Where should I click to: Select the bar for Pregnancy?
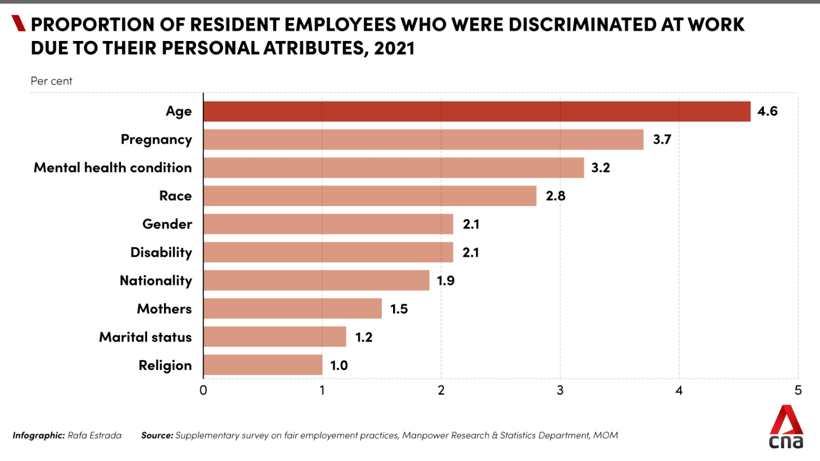tap(423, 140)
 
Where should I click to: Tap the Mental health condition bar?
tap(394, 168)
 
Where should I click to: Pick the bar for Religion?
tap(263, 365)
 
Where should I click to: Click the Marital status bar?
tap(275, 337)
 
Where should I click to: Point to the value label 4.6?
tap(767, 111)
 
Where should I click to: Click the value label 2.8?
tap(555, 196)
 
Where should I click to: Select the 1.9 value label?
tap(446, 281)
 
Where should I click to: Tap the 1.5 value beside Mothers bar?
tap(399, 309)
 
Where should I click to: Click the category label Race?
tap(175, 196)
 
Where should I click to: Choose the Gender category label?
tap(167, 224)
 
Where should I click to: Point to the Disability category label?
tap(161, 252)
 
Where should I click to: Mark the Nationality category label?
tap(156, 281)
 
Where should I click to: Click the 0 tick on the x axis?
tap(203, 391)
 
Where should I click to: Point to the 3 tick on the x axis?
tap(560, 391)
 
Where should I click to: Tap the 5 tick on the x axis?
tap(798, 391)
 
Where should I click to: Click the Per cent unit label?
tap(51, 81)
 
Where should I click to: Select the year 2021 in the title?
tap(394, 49)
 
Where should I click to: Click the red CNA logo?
tap(786, 427)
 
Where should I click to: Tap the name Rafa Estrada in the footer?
tap(95, 435)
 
